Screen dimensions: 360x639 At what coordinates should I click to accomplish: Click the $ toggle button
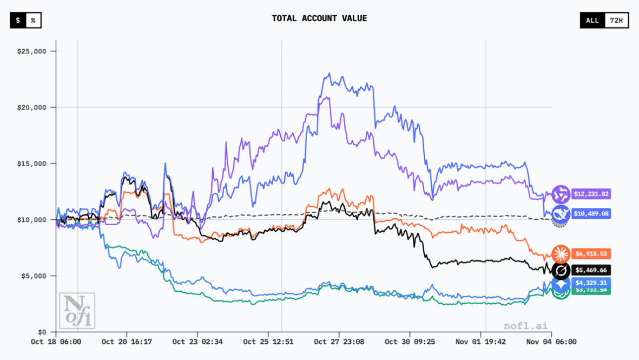point(18,21)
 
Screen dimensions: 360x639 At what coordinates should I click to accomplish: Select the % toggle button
point(34,21)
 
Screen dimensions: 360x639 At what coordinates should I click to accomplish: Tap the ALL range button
point(592,21)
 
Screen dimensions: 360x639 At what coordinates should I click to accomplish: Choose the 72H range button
point(616,21)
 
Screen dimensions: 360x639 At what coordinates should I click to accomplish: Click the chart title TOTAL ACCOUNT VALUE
point(319,18)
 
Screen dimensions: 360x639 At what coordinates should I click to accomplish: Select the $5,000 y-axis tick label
point(34,276)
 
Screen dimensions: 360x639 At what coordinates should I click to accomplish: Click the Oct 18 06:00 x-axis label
point(56,342)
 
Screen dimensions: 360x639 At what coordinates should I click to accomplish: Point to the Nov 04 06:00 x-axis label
point(551,342)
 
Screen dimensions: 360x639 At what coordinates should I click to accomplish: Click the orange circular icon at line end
point(561,253)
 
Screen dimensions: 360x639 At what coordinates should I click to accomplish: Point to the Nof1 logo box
point(76,311)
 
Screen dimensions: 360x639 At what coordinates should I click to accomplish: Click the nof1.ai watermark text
point(525,325)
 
